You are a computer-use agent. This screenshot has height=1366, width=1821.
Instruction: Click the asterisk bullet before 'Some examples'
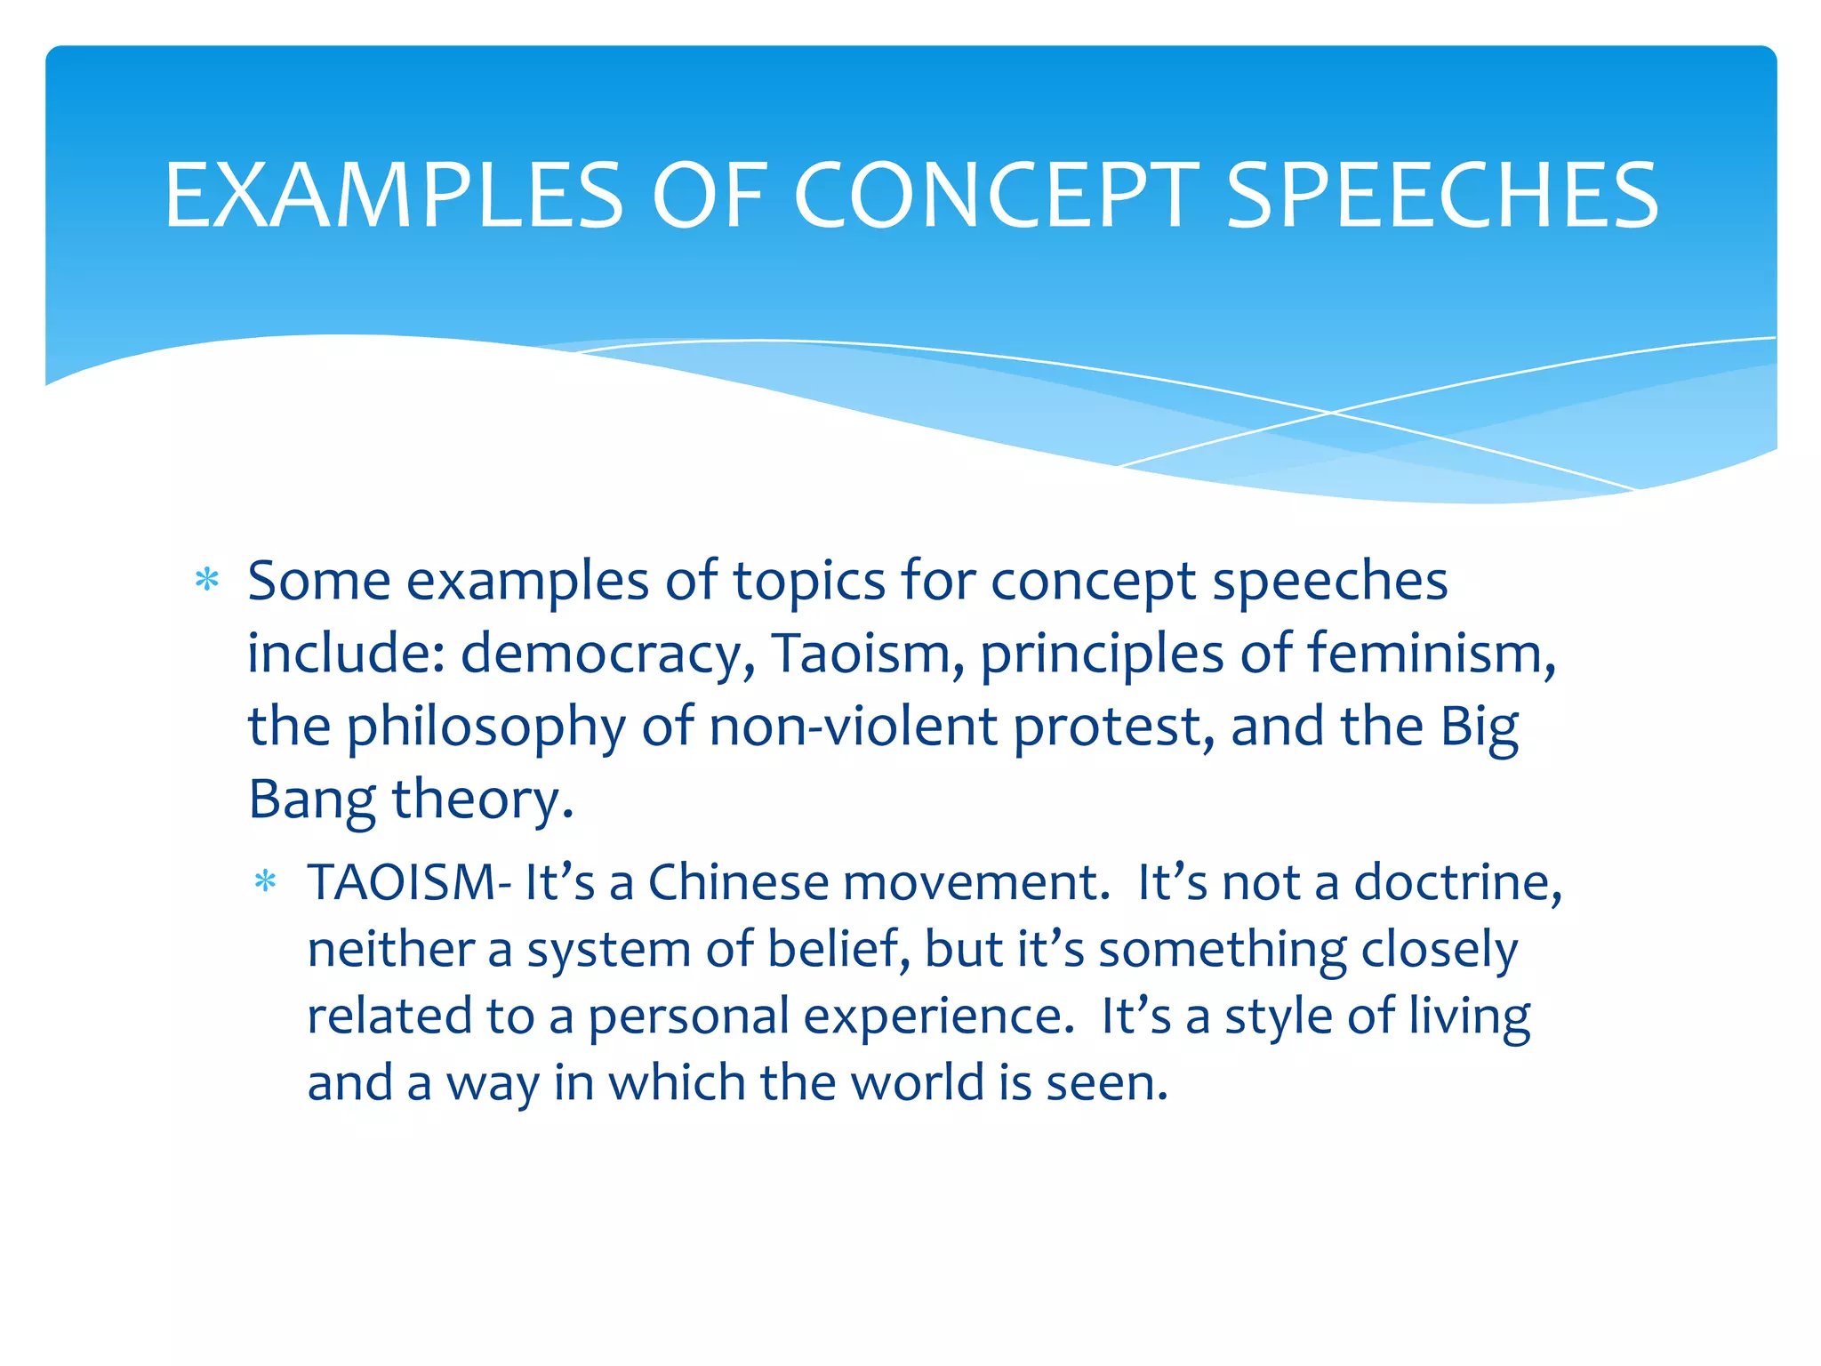coord(207,581)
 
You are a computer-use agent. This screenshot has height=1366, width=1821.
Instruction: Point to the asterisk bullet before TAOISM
coord(266,882)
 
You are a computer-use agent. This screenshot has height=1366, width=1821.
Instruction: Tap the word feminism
coord(1431,654)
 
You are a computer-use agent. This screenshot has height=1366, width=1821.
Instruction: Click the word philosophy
coord(485,727)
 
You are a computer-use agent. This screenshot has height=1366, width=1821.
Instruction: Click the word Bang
coord(310,800)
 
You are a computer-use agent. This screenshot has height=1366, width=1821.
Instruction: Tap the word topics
coord(809,581)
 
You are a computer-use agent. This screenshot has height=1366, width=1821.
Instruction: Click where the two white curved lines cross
coord(1330,413)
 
